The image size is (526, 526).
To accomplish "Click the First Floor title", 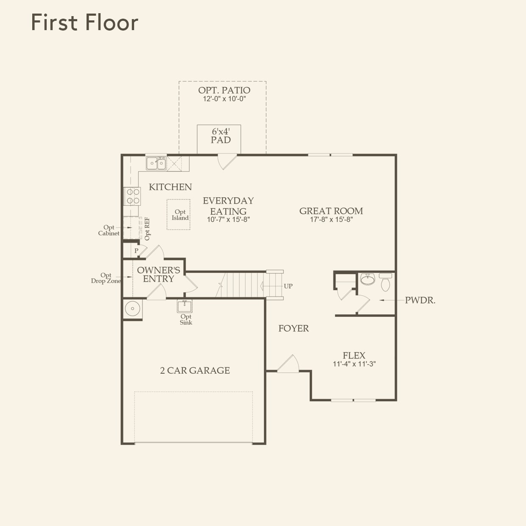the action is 84,22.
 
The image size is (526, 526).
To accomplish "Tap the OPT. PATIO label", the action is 224,90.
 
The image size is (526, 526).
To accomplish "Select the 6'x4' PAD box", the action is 219,139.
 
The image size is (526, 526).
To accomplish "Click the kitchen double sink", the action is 156,163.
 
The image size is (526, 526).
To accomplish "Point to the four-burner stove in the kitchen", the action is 132,196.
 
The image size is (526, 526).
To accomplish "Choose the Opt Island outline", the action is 179,214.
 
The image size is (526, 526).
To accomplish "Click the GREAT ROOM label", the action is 331,211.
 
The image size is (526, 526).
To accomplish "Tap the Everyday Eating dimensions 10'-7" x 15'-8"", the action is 228,219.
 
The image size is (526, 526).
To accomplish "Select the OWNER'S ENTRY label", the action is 159,274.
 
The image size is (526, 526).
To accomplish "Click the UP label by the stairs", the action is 288,286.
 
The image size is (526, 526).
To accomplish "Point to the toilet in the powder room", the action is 386,282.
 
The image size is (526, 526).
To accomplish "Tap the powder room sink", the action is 367,279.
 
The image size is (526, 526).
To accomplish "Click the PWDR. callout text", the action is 420,300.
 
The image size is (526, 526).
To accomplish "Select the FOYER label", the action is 294,328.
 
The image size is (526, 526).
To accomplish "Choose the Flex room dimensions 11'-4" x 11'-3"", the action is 354,364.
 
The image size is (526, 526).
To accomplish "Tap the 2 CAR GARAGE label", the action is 195,370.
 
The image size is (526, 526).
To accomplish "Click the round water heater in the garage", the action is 132,309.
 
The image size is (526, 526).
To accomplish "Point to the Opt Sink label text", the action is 186,319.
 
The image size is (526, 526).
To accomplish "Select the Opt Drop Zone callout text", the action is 106,278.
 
